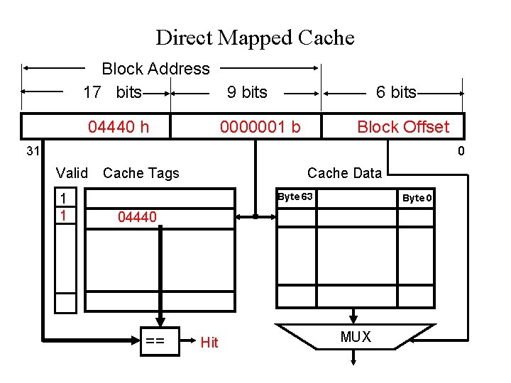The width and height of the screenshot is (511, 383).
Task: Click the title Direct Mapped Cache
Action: [x=255, y=37]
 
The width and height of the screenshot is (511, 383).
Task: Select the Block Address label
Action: [x=155, y=69]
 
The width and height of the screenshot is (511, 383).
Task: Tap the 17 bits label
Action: [x=112, y=92]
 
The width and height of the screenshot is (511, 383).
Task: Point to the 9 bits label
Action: [x=247, y=92]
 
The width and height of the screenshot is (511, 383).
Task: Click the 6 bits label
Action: [x=396, y=92]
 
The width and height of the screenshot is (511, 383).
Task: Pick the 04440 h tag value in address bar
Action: [x=119, y=127]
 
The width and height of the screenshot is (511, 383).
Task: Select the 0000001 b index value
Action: [x=260, y=127]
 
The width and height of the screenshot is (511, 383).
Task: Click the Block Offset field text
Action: [x=402, y=127]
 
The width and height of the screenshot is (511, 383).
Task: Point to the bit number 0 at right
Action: [x=461, y=151]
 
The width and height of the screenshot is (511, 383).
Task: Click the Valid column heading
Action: [x=72, y=173]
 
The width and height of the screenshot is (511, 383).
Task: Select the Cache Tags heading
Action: [x=141, y=173]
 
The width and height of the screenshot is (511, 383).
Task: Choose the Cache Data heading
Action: [x=344, y=173]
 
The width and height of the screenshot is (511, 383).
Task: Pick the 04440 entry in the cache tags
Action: [x=137, y=217]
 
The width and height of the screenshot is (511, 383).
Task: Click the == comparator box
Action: [x=155, y=342]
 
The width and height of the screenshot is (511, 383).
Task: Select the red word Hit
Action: [x=209, y=343]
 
